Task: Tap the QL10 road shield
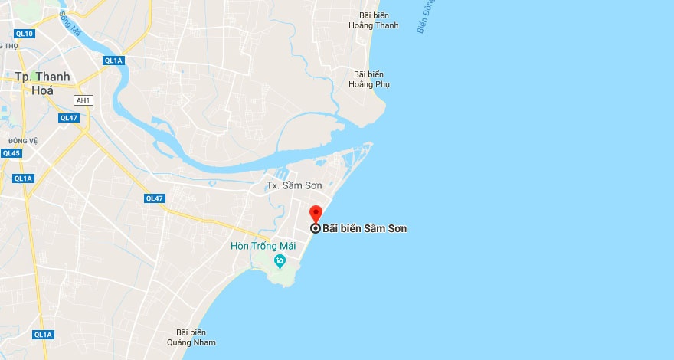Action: click(24, 34)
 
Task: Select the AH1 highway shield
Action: click(83, 100)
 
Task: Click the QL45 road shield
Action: click(11, 153)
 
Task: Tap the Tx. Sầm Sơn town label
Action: click(295, 185)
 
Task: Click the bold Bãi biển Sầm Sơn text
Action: click(365, 228)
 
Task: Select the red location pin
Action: click(315, 214)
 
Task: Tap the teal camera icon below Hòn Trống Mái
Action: click(280, 262)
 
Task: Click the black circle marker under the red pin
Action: click(315, 228)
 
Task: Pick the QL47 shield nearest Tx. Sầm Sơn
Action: click(155, 198)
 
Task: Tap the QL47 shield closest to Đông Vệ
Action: click(69, 118)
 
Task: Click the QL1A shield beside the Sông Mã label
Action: click(113, 61)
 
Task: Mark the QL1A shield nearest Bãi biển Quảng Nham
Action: click(44, 335)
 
